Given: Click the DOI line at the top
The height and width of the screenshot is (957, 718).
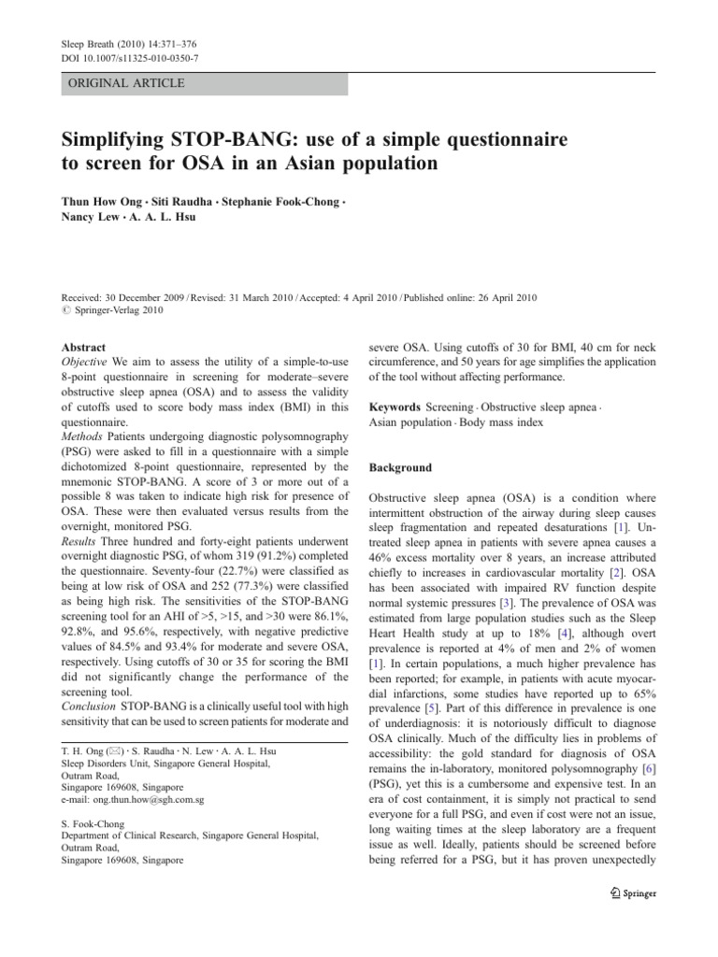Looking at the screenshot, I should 122,58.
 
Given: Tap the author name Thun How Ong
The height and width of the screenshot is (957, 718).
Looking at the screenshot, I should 103,202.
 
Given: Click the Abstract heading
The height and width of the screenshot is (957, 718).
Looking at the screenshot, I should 84,347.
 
